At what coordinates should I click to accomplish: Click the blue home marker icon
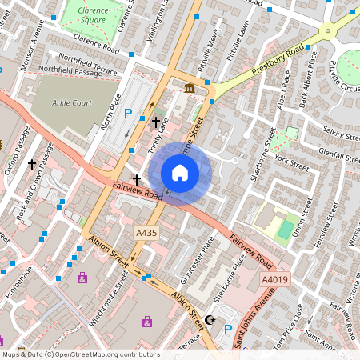pyautogui.click(x=180, y=173)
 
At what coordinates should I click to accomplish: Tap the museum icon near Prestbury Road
pyautogui.click(x=190, y=87)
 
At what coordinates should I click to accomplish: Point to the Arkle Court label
pyautogui.click(x=73, y=103)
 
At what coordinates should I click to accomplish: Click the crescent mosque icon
pyautogui.click(x=210, y=320)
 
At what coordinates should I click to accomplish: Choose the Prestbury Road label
pyautogui.click(x=278, y=60)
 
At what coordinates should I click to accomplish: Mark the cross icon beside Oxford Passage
pyautogui.click(x=32, y=164)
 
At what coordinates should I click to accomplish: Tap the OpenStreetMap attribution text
pyautogui.click(x=81, y=354)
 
